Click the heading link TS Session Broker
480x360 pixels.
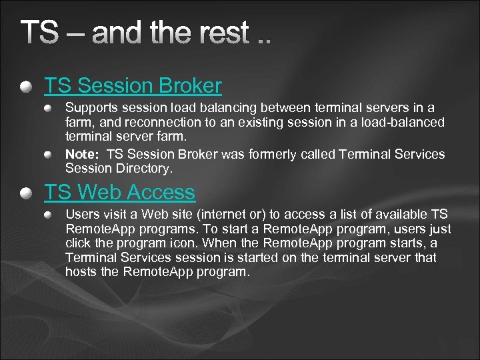pyautogui.click(x=133, y=86)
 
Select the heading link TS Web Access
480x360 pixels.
pyautogui.click(x=119, y=193)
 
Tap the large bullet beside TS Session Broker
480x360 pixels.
pyautogui.click(x=25, y=87)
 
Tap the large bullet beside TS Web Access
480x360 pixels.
pyautogui.click(x=25, y=193)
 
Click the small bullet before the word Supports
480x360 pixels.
pyautogui.click(x=49, y=107)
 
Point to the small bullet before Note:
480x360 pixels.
pyautogui.click(x=49, y=154)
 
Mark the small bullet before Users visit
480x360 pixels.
pyautogui.click(x=49, y=215)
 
